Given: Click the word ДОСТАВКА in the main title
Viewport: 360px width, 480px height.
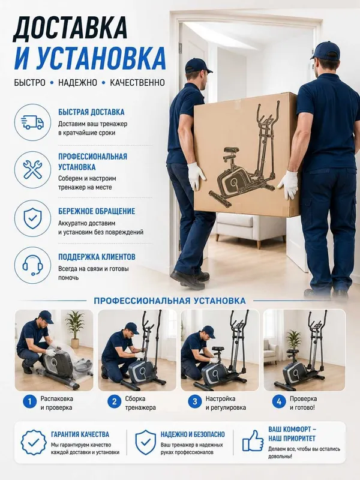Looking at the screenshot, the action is (x=70, y=28).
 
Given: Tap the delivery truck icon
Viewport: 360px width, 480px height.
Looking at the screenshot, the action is (x=32, y=122).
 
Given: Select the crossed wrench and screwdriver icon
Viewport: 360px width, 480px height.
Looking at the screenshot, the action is (x=32, y=170).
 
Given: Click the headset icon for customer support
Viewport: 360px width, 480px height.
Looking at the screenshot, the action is (x=32, y=265).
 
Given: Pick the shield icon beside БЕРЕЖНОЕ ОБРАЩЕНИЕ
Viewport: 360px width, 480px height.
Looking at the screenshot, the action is (x=32, y=218).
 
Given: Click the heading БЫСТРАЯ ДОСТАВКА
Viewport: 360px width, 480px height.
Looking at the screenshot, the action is (x=91, y=112).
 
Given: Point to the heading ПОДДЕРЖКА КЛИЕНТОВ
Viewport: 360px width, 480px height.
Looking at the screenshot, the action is (x=97, y=257).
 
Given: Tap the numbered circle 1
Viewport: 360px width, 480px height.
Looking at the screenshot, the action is (x=29, y=401).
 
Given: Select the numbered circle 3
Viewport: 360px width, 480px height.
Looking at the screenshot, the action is (x=194, y=401).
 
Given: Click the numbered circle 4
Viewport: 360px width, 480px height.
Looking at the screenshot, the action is (x=279, y=401).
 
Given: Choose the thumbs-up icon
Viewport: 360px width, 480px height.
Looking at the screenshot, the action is (x=253, y=440).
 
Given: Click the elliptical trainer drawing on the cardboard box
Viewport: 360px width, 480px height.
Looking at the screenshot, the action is (x=244, y=154).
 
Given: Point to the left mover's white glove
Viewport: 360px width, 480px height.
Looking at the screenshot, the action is (x=196, y=176).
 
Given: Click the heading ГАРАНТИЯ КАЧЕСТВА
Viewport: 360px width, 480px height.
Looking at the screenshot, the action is (x=80, y=434).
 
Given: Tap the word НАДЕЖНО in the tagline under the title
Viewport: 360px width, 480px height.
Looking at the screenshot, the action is (x=77, y=82).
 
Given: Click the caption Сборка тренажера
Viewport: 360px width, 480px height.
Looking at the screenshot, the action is (x=140, y=403).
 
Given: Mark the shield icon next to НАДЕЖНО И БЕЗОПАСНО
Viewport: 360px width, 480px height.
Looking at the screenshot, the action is (x=145, y=442).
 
